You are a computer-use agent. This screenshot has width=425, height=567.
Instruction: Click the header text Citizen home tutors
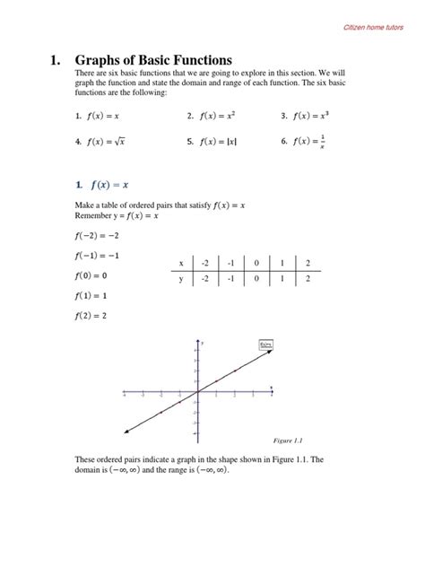tap(376, 28)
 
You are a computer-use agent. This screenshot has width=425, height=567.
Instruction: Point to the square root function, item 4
tap(108, 141)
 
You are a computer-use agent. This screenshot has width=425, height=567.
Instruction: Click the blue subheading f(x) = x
tap(108, 185)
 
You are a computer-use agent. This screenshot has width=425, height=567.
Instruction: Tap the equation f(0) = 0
tap(91, 275)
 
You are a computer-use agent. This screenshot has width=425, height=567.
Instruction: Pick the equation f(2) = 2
tap(91, 315)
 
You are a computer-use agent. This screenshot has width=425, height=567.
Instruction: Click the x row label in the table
tap(180, 263)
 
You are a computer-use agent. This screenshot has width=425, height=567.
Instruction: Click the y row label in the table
tap(180, 279)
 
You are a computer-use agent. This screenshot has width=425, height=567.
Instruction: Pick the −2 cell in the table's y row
tap(205, 279)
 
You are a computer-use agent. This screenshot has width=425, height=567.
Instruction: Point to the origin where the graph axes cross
tap(197, 392)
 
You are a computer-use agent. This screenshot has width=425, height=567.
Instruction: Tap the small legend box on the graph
tap(265, 345)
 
